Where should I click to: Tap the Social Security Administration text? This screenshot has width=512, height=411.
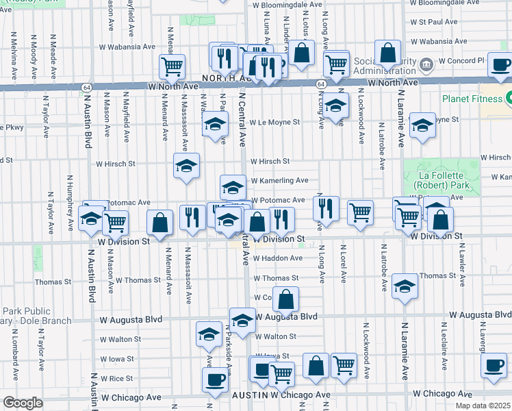[x=384, y=66]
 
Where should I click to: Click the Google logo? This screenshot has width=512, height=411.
[x=23, y=403]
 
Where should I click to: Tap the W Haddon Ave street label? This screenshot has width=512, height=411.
[x=278, y=258]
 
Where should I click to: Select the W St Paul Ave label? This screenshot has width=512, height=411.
[x=433, y=22]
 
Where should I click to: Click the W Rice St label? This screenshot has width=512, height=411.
[x=116, y=378]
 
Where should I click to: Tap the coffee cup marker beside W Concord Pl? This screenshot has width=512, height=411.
[x=500, y=65]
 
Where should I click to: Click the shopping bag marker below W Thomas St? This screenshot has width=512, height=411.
[x=287, y=299]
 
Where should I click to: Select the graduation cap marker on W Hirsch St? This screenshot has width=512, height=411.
[x=186, y=166]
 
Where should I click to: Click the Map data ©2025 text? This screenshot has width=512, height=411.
[x=482, y=405]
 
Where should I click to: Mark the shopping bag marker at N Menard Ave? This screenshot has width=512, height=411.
[x=160, y=223]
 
